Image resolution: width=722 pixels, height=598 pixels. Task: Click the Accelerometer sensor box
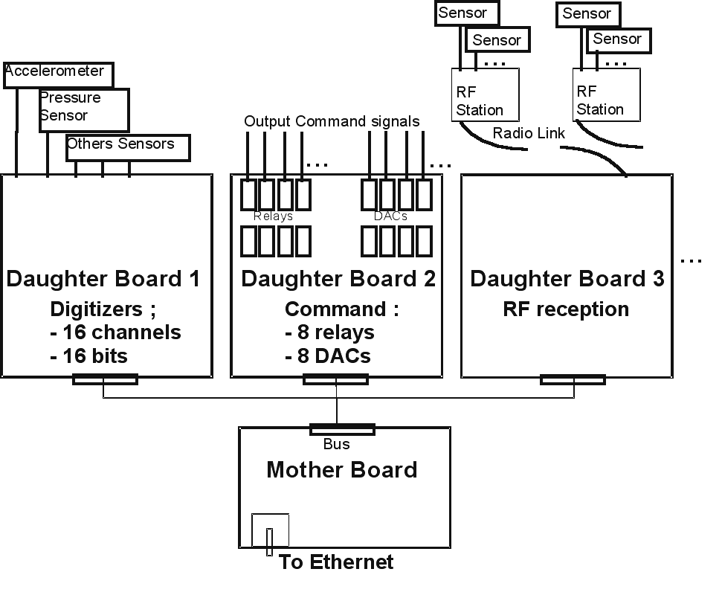coord(59,74)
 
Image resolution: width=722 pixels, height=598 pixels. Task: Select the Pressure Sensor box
coord(83,109)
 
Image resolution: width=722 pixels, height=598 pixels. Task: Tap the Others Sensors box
coord(127,147)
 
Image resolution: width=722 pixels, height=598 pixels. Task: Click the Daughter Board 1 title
coord(103,279)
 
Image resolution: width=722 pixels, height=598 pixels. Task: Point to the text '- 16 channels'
coord(115,332)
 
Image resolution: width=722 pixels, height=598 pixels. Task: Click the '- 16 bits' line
coord(88,356)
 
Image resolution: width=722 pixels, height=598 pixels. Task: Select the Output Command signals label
coord(332,121)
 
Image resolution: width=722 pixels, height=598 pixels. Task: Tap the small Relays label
coord(273,216)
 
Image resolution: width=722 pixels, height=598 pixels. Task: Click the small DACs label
coord(391,216)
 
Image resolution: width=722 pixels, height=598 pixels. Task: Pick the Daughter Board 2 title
coord(338,279)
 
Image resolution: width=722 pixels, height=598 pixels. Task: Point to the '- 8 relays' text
coord(329,332)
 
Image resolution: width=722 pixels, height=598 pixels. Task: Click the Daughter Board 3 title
coord(567,279)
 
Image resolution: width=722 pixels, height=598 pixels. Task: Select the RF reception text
coord(566,309)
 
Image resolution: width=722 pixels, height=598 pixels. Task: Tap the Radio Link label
coord(529,133)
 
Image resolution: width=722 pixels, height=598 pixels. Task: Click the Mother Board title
coord(341,470)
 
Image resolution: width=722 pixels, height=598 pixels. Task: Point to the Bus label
coord(336,445)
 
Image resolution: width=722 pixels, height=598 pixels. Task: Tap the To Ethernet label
coord(336,562)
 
